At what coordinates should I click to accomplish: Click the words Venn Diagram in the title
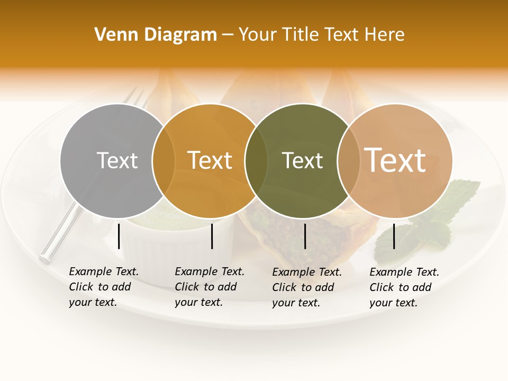pyautogui.click(x=156, y=35)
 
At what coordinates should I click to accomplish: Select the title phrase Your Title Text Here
pyautogui.click(x=321, y=35)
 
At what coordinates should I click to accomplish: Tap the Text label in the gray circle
pyautogui.click(x=117, y=160)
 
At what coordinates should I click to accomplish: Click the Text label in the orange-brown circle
pyautogui.click(x=210, y=160)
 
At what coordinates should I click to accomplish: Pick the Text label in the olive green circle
pyautogui.click(x=302, y=160)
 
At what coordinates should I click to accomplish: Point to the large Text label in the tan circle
pyautogui.click(x=395, y=160)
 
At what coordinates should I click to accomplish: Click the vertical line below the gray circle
pyautogui.click(x=119, y=236)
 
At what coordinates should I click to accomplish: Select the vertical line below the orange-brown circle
pyautogui.click(x=212, y=236)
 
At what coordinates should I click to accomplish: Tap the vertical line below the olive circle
pyautogui.click(x=305, y=236)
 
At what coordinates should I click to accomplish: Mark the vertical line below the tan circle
pyautogui.click(x=394, y=236)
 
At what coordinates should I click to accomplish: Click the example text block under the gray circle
pyautogui.click(x=103, y=287)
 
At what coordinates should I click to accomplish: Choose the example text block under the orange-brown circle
pyautogui.click(x=209, y=287)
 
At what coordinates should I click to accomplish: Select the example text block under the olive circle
pyautogui.click(x=306, y=287)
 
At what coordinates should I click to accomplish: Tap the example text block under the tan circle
pyautogui.click(x=404, y=287)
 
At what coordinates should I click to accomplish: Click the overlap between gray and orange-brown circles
pyautogui.click(x=164, y=160)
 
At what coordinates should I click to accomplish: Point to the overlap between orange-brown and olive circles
pyautogui.click(x=256, y=160)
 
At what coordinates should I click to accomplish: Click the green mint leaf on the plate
pyautogui.click(x=450, y=206)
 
